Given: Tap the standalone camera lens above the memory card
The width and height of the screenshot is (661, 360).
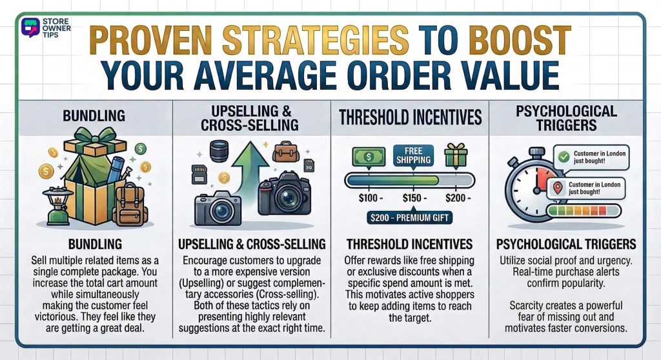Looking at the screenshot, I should (220, 152).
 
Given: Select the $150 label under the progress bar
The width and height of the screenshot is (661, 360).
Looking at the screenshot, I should (411, 196).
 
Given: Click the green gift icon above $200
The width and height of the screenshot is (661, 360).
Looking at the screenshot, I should (457, 156).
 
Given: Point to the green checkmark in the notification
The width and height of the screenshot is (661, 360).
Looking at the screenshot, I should (564, 155).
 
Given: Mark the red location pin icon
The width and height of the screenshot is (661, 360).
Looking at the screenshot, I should (558, 188).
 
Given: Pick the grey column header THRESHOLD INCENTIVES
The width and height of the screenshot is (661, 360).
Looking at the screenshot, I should (411, 117).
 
